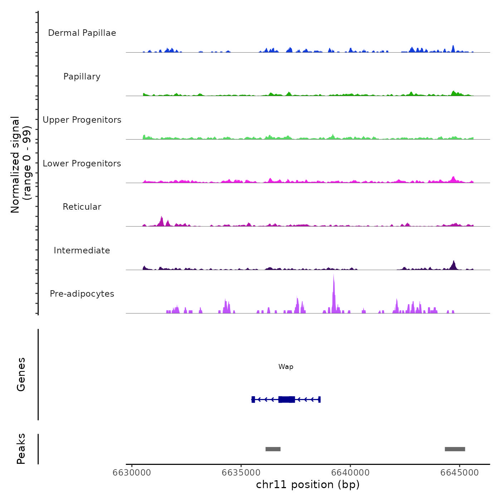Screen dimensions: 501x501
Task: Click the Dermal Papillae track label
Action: pyautogui.click(x=82, y=33)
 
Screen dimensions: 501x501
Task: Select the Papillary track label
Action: pyautogui.click(x=82, y=77)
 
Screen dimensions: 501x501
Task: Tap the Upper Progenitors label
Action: pyautogui.click(x=82, y=120)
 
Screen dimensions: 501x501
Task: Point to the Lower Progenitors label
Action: pyautogui.click(x=82, y=164)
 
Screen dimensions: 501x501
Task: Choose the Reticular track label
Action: pyautogui.click(x=82, y=207)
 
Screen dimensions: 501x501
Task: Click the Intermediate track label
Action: pyautogui.click(x=82, y=250)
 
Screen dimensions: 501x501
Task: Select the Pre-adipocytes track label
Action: pyautogui.click(x=82, y=294)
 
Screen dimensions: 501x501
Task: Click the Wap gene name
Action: pyautogui.click(x=286, y=367)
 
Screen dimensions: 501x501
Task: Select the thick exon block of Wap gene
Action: pyautogui.click(x=287, y=399)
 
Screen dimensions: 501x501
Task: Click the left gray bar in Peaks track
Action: pyautogui.click(x=273, y=449)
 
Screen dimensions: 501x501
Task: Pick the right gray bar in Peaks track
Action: pyautogui.click(x=455, y=449)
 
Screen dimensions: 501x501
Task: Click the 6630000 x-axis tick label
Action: pyautogui.click(x=132, y=473)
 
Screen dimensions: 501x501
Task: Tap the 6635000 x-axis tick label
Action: pyautogui.click(x=241, y=473)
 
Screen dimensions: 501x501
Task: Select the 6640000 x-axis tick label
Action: pyautogui.click(x=350, y=473)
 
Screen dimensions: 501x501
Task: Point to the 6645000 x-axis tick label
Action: pyautogui.click(x=459, y=473)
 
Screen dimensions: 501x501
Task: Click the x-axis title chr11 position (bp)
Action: pyautogui.click(x=308, y=485)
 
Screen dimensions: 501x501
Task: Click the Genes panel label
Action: pyautogui.click(x=21, y=374)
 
